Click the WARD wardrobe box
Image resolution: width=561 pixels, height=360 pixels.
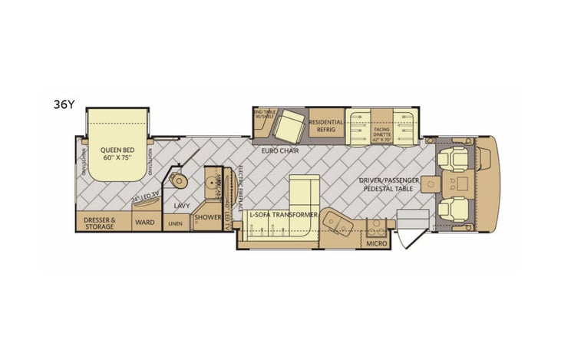(144, 223)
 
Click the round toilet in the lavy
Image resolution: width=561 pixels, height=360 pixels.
(179, 181)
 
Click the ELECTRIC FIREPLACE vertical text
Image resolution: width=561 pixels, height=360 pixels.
(240, 188)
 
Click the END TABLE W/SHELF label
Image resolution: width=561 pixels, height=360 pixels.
(262, 114)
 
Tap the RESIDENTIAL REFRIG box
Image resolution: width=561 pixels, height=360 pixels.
(325, 126)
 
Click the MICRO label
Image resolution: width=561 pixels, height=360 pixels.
(375, 243)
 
